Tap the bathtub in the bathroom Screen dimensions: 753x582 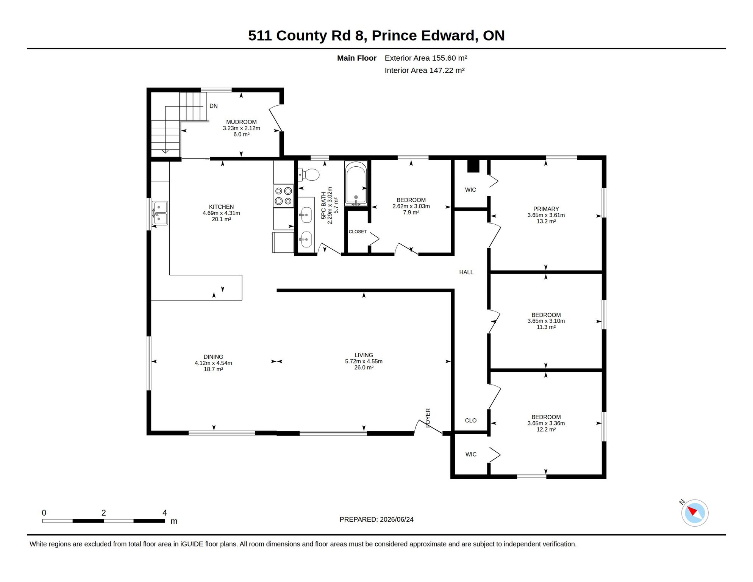pos(356,184)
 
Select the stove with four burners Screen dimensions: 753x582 pos(283,196)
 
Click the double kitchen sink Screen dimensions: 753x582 pos(160,213)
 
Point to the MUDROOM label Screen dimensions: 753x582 pos(241,122)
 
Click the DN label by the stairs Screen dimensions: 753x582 pos(214,106)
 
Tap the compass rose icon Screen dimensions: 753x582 pos(695,513)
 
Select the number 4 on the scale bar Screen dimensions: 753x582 pos(165,513)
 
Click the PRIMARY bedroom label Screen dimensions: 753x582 pos(546,209)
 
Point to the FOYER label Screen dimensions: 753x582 pos(428,418)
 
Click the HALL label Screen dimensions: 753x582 pos(466,272)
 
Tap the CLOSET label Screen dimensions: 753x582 pos(358,232)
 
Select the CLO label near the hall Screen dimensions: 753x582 pos(471,420)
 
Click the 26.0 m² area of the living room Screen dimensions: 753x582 pos(364,368)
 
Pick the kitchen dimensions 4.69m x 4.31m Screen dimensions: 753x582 pos(221,213)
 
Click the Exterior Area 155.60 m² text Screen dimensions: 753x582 pos(426,58)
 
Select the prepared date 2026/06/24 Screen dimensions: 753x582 pos(397,519)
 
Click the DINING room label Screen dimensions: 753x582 pos(213,357)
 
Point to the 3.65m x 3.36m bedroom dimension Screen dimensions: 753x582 pos(546,423)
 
